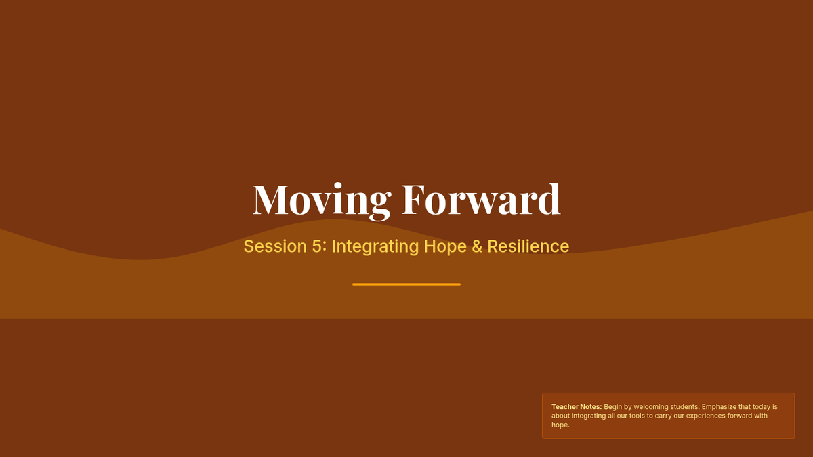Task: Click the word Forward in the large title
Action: [x=481, y=199]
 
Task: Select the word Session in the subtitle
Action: [x=275, y=246]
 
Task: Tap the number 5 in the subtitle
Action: [x=317, y=246]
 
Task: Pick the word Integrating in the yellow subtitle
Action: [x=375, y=247]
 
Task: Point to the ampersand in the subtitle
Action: [x=477, y=246]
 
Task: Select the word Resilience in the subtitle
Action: [x=528, y=246]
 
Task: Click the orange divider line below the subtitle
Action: [x=406, y=284]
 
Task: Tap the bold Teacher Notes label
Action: [x=577, y=407]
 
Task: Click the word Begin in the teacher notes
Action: [x=612, y=407]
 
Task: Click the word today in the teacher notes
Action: [x=762, y=407]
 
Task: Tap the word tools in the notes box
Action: [x=637, y=416]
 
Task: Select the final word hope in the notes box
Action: [x=560, y=425]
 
